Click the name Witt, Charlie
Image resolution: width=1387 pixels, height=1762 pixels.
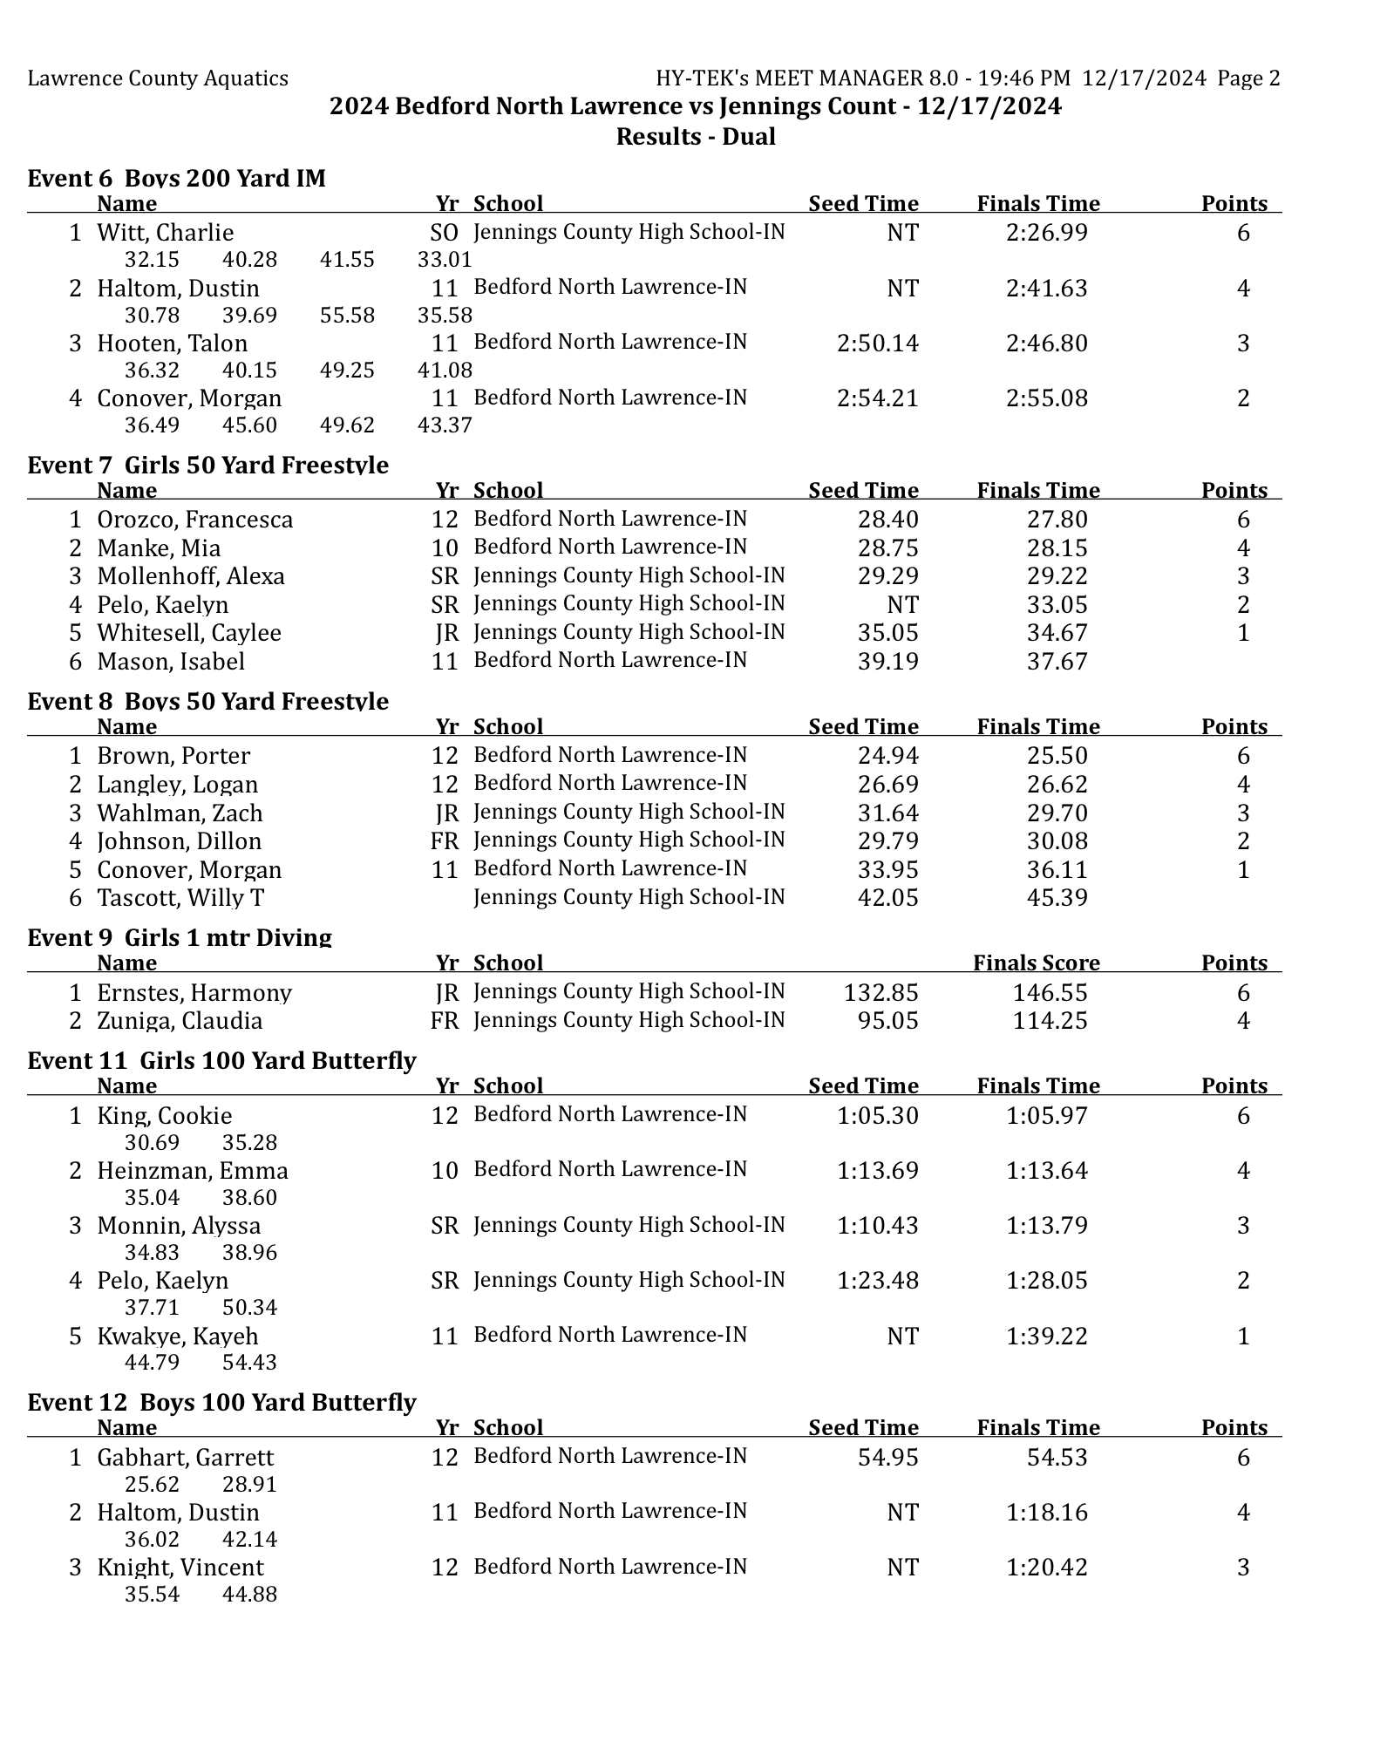165,233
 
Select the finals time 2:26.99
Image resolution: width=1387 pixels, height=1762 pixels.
1046,233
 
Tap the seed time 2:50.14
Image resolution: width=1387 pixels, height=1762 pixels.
877,344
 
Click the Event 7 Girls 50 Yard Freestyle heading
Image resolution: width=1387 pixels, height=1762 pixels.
207,465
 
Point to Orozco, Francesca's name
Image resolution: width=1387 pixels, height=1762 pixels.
194,520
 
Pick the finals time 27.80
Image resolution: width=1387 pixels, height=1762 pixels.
1057,520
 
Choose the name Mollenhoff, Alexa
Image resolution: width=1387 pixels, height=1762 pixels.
190,576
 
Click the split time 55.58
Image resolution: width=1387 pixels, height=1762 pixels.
347,315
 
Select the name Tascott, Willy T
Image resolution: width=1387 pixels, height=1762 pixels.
180,897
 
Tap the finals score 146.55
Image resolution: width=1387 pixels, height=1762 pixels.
1050,992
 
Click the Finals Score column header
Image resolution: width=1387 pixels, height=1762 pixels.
1036,963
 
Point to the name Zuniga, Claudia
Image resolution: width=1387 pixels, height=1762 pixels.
179,1020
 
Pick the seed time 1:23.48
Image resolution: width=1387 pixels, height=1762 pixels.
877,1280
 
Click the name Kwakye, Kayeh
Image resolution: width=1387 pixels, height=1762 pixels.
177,1336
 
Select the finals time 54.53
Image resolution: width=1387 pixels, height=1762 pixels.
1057,1457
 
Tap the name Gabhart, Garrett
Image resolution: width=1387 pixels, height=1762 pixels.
185,1457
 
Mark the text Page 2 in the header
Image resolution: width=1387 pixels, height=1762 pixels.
1248,78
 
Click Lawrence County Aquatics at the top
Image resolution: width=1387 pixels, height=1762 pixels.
158,78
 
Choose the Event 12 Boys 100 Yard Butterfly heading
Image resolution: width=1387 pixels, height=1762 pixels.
221,1402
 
